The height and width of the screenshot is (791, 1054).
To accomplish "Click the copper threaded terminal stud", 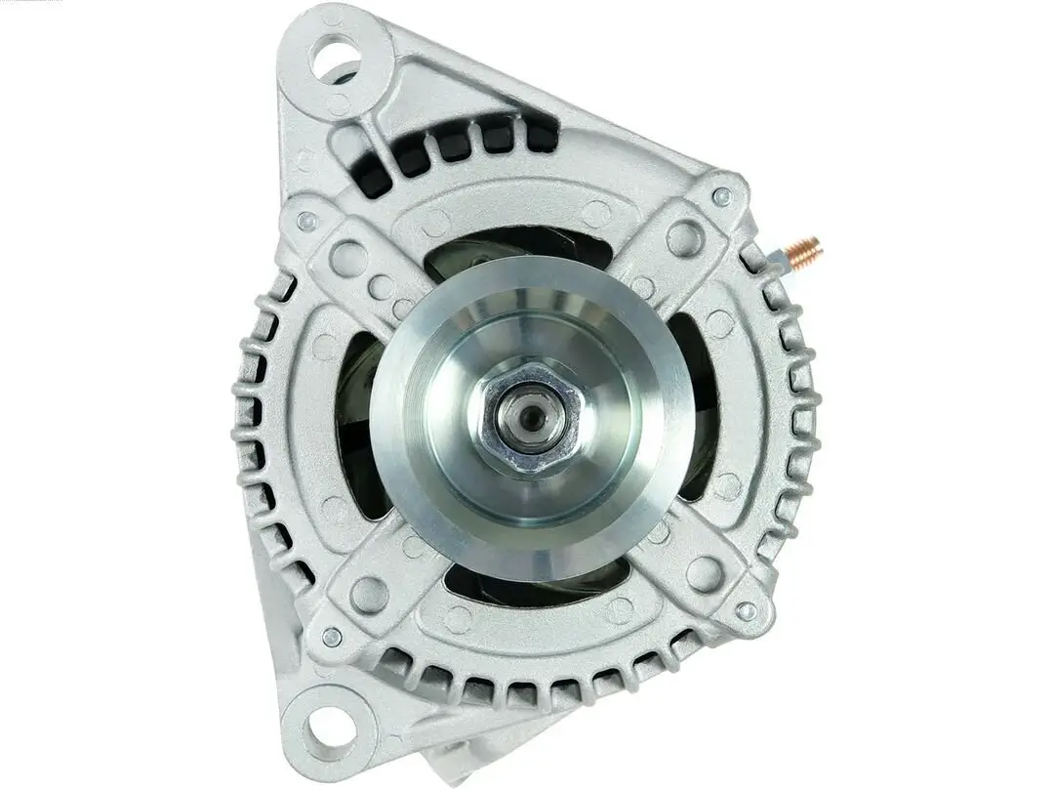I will (806, 253).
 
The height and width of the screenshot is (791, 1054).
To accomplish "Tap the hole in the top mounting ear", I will (335, 58).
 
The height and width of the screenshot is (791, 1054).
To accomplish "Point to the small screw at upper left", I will (307, 221).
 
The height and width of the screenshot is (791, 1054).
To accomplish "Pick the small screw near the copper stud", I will (722, 196).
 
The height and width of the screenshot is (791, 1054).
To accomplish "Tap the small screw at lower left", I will (332, 637).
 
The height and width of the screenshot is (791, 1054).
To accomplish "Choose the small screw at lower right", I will (747, 611).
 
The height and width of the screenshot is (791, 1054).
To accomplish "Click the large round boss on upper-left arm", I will (348, 259).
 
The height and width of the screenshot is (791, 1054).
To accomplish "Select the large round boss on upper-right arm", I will (685, 237).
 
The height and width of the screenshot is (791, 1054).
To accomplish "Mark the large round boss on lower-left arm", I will (369, 595).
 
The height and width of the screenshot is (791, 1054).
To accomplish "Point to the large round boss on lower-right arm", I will (705, 573).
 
